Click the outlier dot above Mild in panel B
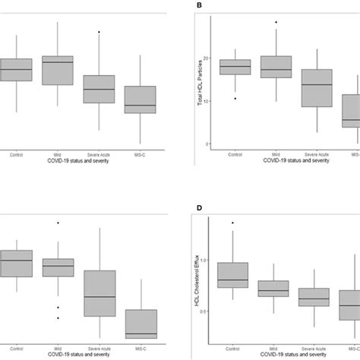click(x=276, y=22)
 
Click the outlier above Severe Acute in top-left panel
click(x=99, y=32)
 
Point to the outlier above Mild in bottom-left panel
click(x=58, y=223)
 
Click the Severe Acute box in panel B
click(x=317, y=88)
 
